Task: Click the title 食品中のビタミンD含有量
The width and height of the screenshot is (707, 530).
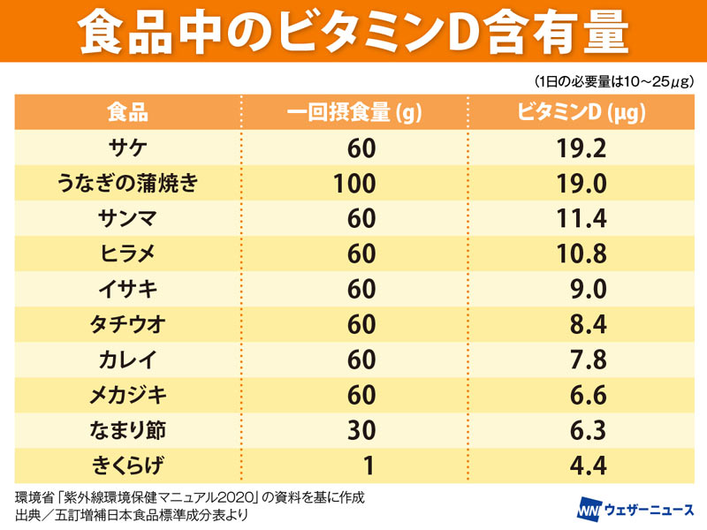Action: tap(353, 33)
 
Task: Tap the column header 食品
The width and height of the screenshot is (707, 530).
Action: tap(127, 112)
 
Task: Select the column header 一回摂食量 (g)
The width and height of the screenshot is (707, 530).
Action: tap(353, 112)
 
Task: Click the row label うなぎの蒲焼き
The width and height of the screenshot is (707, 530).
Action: tap(127, 184)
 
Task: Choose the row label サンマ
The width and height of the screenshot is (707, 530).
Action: tap(127, 219)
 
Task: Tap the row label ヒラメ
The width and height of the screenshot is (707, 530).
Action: tap(127, 254)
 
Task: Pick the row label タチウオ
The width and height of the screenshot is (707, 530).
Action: tap(127, 325)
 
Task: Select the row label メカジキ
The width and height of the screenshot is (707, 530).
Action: tap(127, 396)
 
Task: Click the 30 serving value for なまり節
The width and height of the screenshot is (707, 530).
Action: tap(361, 431)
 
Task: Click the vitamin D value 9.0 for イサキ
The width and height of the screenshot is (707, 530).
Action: tap(587, 290)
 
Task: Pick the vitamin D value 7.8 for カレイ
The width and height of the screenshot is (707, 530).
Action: tap(587, 360)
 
